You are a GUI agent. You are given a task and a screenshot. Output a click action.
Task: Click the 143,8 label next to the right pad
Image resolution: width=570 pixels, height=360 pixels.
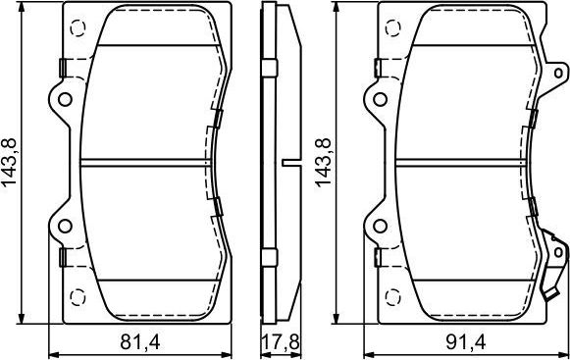pos(321,164)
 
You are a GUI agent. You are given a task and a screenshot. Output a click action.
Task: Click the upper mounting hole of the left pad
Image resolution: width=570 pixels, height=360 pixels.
pos(66,98)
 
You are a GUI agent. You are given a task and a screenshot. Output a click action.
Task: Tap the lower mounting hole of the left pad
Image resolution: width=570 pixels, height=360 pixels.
pos(66,227)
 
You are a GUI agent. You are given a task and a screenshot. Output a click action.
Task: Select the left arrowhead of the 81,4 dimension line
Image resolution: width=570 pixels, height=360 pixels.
pos(52,354)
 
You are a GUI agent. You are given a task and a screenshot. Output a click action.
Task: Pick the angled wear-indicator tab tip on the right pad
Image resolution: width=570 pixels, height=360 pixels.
pos(548,299)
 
